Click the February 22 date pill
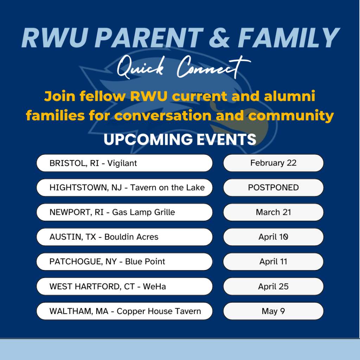tap(273, 163)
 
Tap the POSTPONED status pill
tap(273, 188)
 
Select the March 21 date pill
tap(273, 212)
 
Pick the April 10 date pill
tap(273, 237)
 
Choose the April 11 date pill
tap(273, 262)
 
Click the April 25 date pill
tap(273, 286)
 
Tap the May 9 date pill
tap(273, 311)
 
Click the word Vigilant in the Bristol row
tap(122, 163)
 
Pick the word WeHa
tap(154, 287)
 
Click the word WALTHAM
tap(71, 311)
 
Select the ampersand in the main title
tap(219, 38)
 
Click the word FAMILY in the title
tap(289, 38)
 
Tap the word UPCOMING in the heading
tap(148, 139)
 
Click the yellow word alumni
tap(290, 96)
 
